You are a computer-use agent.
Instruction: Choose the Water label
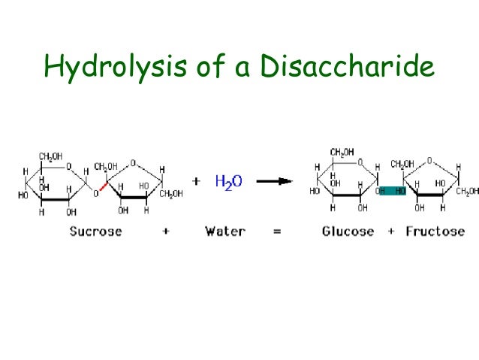225,231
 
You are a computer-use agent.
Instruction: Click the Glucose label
348,231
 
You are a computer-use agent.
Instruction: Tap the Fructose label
435,231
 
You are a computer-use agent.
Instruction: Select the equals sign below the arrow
277,231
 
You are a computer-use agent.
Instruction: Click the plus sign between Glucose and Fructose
390,231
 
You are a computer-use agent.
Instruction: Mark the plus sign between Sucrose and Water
165,231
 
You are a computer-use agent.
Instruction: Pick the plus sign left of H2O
196,181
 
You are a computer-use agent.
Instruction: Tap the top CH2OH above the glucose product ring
342,153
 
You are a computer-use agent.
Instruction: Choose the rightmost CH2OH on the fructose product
467,191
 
